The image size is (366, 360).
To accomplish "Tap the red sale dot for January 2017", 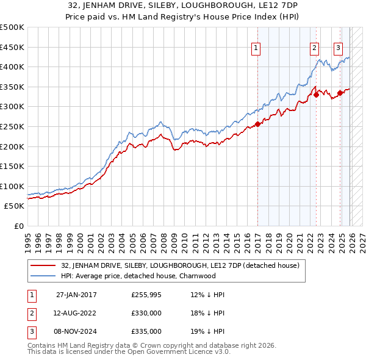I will coord(257,124).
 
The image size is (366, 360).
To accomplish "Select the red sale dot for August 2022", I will coord(317,95).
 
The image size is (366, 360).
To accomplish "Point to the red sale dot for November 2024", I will coord(340,93).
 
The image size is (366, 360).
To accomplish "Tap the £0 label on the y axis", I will coord(18,226).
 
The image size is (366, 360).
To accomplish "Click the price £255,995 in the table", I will coord(146,295).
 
